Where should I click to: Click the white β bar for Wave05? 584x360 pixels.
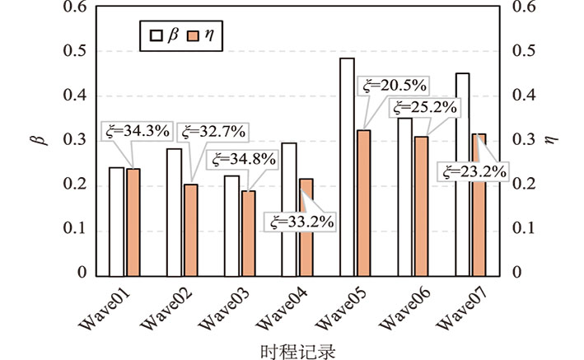(x=347, y=166)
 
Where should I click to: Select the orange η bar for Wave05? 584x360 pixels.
(x=363, y=202)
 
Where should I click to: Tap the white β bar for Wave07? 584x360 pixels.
(x=462, y=173)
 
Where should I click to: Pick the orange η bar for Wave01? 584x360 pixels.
(x=133, y=221)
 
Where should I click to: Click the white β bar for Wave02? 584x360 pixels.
(x=174, y=211)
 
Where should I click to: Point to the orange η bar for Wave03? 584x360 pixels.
(x=249, y=231)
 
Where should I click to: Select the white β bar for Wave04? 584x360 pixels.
(x=289, y=208)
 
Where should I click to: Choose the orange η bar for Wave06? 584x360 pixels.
(x=421, y=205)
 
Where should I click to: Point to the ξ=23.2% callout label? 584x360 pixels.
(x=474, y=172)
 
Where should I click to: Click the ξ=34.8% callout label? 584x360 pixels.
(x=243, y=158)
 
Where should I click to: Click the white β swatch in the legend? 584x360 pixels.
(x=155, y=35)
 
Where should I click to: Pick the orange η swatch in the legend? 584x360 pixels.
(x=194, y=35)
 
